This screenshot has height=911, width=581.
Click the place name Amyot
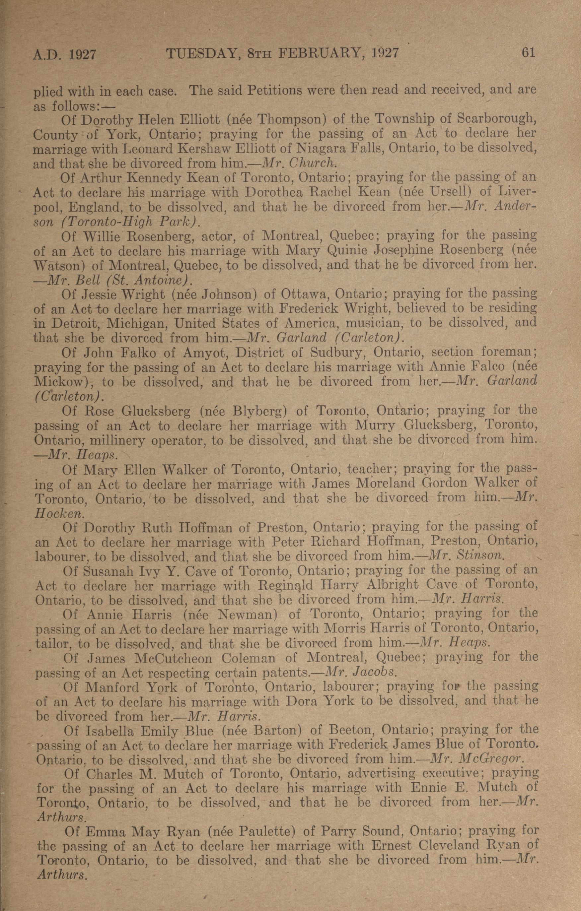(204, 353)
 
